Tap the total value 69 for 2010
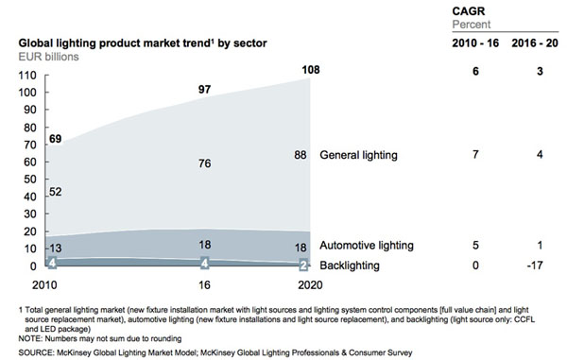[57, 139]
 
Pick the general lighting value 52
[57, 191]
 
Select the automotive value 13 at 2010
[57, 248]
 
